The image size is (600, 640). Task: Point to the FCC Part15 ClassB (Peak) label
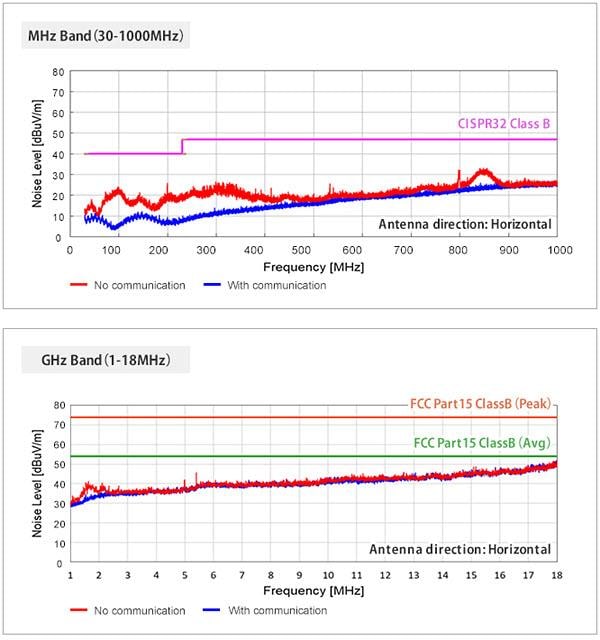482,405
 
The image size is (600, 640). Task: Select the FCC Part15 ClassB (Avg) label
484,442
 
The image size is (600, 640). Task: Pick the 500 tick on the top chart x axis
313,249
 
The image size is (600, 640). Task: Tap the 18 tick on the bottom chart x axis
556,576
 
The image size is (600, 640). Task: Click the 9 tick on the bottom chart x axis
300,576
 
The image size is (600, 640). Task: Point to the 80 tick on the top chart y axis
59,72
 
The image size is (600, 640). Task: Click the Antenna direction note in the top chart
464,224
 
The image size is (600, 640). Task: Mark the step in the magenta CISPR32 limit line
182,146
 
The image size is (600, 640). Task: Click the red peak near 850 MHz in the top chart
484,171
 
